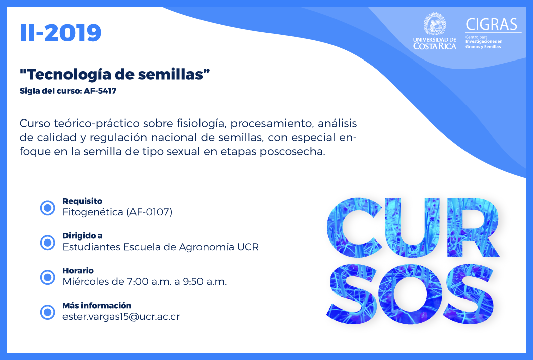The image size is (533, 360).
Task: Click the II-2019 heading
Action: [x=60, y=33]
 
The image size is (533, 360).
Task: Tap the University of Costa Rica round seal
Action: [x=434, y=24]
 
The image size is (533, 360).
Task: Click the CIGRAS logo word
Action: [x=492, y=25]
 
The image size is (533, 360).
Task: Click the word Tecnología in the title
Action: [x=68, y=74]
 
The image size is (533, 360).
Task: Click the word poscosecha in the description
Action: [x=292, y=152]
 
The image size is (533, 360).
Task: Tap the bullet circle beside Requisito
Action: [x=47, y=208]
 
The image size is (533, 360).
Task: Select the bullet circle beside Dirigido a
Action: [x=47, y=243]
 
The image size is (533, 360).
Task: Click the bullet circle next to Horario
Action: [x=47, y=277]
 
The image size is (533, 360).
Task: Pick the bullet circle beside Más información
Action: [x=47, y=312]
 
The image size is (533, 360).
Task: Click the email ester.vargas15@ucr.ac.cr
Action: [x=121, y=317]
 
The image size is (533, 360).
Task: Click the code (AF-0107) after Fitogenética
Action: [x=150, y=212]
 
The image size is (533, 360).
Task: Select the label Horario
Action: [x=78, y=271]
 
